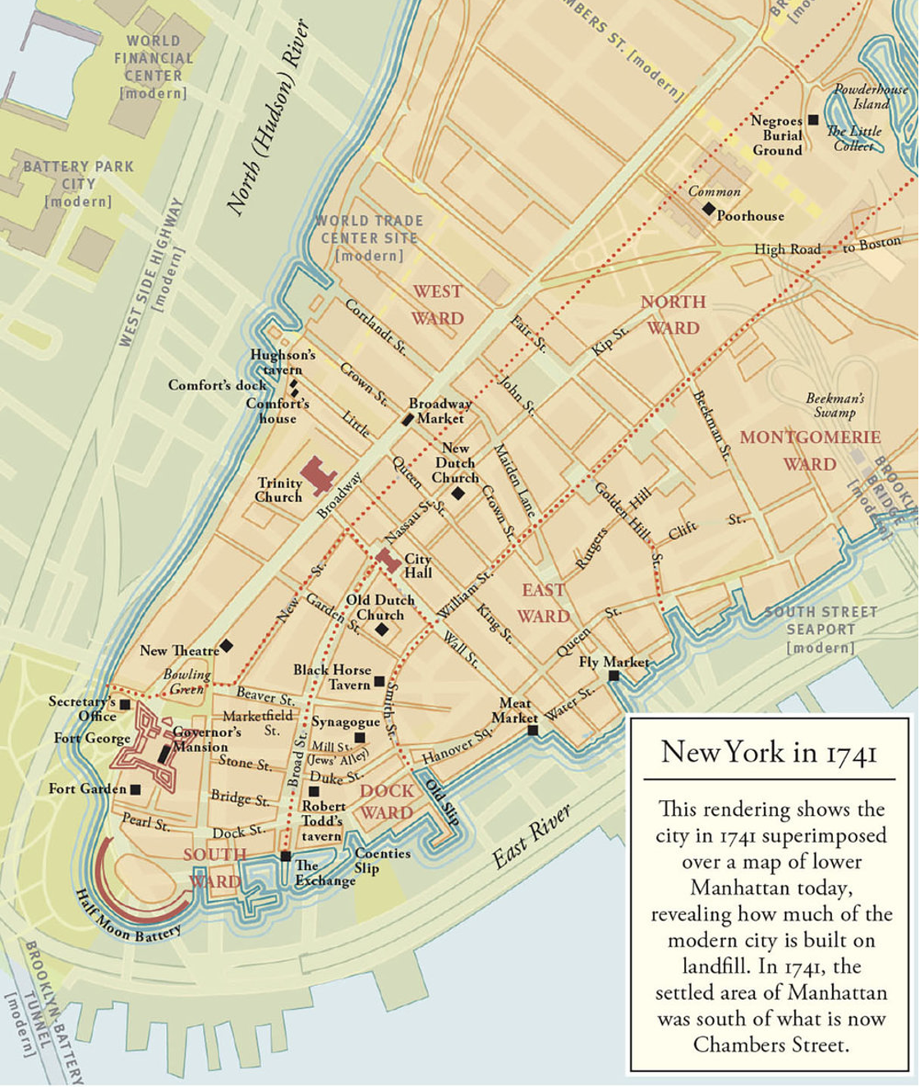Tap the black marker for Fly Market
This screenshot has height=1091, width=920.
[614, 676]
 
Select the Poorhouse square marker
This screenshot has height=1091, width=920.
[708, 209]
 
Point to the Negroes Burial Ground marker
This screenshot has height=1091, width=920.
[813, 120]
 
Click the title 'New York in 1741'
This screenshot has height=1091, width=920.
[769, 753]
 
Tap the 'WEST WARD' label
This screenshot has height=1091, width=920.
[437, 305]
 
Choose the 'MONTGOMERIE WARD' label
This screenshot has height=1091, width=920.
[810, 450]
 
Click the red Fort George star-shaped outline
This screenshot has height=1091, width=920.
[148, 743]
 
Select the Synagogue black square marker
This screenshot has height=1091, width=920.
[359, 738]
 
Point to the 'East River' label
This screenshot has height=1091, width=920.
[531, 837]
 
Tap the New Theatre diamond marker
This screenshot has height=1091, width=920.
[226, 647]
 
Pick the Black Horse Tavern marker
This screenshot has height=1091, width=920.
[379, 681]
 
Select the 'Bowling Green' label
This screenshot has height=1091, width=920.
[186, 682]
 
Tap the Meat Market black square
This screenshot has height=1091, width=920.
[532, 730]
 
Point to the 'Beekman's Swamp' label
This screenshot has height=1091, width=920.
[835, 405]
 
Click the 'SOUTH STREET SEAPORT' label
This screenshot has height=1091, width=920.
[821, 629]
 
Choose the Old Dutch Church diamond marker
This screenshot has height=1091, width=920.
[381, 629]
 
